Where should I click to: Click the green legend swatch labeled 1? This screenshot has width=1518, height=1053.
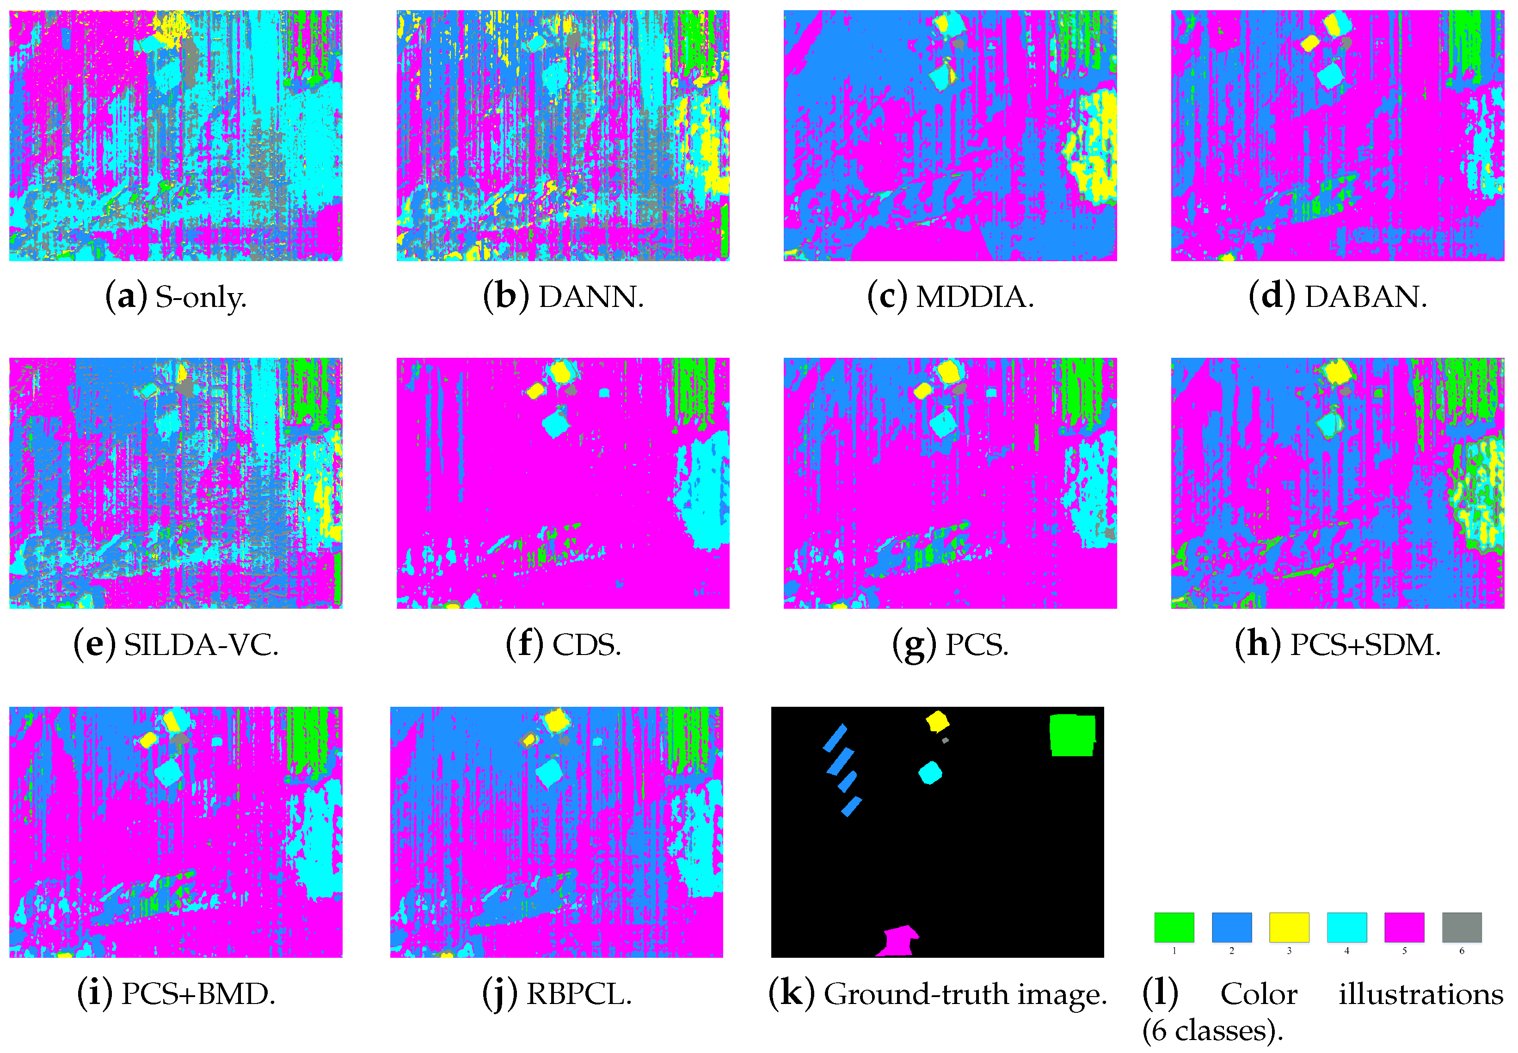coord(1174,927)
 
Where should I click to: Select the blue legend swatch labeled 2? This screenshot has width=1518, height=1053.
coord(1232,927)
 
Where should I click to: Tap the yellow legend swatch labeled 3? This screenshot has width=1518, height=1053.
coord(1289,927)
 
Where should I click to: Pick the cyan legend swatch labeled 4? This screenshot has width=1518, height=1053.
coord(1346,927)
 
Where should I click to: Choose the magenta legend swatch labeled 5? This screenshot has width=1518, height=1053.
coord(1404,927)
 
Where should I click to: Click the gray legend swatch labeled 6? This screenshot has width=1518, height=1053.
coord(1461,927)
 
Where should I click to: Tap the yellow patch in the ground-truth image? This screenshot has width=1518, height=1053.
coord(936,721)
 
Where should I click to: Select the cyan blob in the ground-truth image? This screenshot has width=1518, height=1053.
coord(930,772)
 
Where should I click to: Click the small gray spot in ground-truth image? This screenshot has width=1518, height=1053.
coord(945,740)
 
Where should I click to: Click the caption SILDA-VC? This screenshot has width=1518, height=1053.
coord(201,644)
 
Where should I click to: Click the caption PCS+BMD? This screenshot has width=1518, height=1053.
coord(198,994)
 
